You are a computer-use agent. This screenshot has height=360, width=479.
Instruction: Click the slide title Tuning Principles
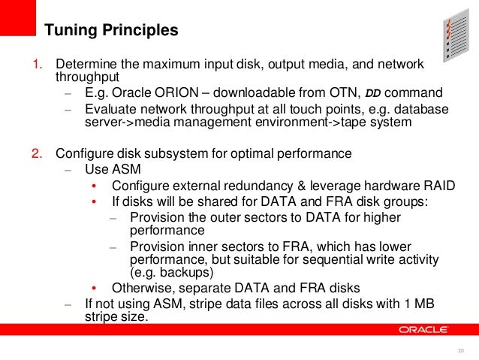pos(111,31)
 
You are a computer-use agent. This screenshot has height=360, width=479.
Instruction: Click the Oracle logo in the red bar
pos(424,329)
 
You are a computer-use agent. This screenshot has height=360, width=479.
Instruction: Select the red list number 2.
pos(36,154)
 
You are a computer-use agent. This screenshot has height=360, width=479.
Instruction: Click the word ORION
pos(172,93)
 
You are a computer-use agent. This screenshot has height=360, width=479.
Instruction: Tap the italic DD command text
pos(372,93)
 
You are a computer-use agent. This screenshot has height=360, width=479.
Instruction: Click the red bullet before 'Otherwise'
pos(94,287)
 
